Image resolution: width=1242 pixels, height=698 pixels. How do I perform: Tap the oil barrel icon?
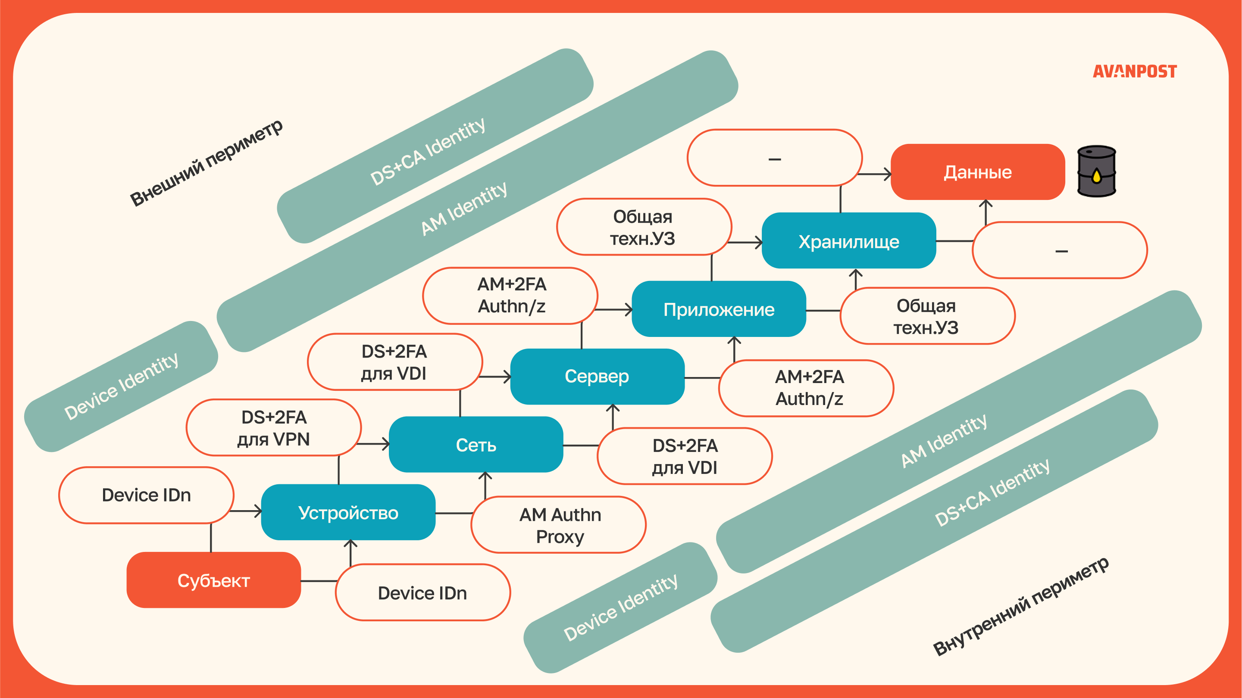(x=1096, y=171)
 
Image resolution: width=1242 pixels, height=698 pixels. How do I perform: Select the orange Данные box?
(x=977, y=172)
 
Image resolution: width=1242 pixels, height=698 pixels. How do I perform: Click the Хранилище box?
(x=848, y=241)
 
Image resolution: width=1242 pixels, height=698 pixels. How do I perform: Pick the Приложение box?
(x=718, y=309)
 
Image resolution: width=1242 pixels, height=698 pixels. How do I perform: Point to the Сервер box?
(x=597, y=377)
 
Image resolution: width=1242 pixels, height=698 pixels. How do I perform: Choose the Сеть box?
(x=476, y=445)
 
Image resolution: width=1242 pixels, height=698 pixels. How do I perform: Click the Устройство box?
(x=348, y=512)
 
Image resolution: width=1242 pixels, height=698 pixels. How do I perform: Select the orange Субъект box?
(x=213, y=580)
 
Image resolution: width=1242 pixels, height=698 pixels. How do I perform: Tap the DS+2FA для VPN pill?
(x=273, y=427)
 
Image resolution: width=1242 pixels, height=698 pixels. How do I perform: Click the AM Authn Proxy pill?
(x=559, y=525)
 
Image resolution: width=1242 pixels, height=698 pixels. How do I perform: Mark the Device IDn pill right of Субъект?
(x=422, y=592)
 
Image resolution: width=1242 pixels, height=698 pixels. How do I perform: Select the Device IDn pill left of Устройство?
(x=146, y=495)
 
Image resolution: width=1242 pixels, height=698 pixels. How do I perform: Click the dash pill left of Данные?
(x=774, y=158)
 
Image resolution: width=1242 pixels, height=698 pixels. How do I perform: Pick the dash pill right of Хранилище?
(x=1060, y=251)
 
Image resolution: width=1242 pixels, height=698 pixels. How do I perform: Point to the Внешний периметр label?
(x=206, y=163)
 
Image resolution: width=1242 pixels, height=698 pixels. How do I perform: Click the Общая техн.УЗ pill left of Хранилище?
(x=643, y=227)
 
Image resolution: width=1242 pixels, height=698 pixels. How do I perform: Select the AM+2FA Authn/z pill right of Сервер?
(x=809, y=388)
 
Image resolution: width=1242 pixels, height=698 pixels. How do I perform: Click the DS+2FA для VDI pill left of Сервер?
(x=394, y=362)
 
